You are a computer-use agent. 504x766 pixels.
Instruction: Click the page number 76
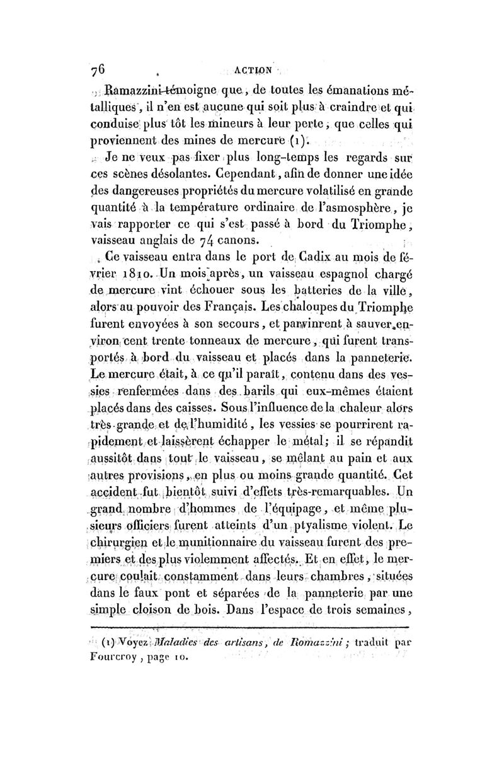100,71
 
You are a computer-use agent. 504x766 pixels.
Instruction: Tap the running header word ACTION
251,71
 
